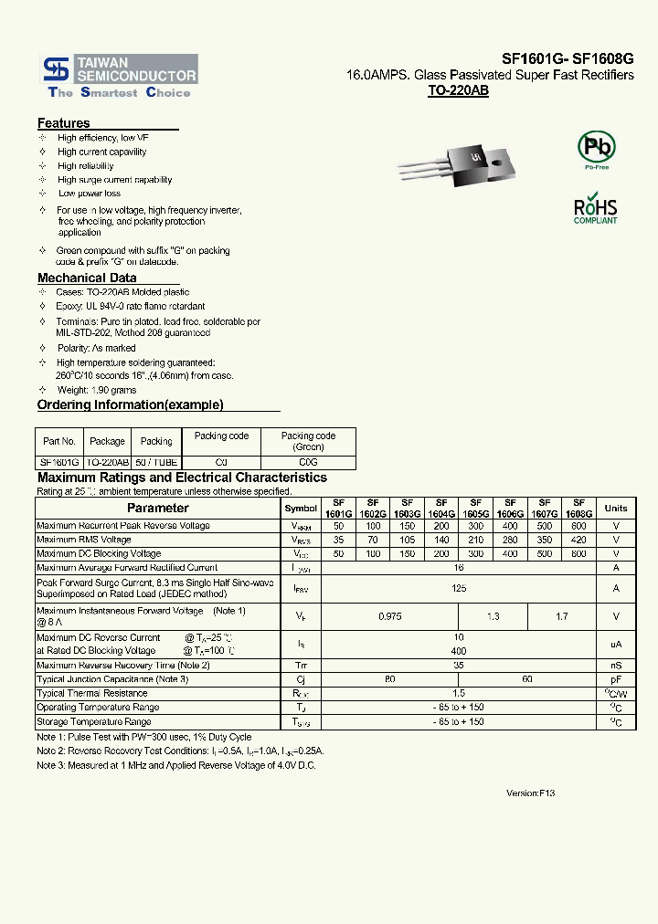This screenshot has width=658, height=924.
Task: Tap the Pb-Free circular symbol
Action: point(596,147)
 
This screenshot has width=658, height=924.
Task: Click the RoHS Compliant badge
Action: point(595,208)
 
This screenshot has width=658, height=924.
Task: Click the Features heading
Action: point(63,123)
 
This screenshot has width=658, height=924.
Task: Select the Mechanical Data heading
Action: point(87,278)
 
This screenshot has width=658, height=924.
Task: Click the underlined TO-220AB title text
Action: point(458,92)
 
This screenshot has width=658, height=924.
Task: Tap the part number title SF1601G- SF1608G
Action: point(567,58)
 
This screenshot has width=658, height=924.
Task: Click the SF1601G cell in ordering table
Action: point(59,463)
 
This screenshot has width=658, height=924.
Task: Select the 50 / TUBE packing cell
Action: point(156,463)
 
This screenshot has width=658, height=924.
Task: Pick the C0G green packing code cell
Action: point(308,463)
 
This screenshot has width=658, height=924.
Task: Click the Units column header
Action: point(616,508)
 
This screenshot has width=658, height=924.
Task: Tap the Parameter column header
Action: point(157,508)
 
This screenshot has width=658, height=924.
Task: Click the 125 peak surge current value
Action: point(459,589)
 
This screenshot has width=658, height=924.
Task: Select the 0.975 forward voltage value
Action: point(390,616)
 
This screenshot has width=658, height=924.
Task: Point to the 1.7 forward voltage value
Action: point(562,616)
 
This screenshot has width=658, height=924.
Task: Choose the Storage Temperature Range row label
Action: point(93,722)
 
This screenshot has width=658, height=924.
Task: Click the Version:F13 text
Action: point(530,793)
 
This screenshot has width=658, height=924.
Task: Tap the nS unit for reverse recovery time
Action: point(616,666)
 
